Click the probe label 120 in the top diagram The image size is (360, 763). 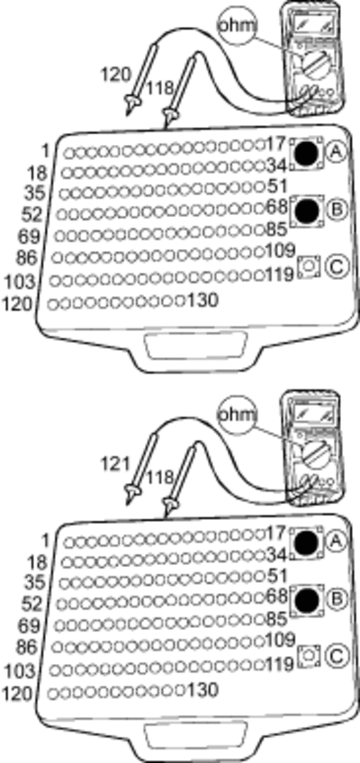click(x=116, y=75)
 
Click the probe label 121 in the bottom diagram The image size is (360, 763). click(x=115, y=464)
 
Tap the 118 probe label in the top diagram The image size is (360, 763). click(x=160, y=88)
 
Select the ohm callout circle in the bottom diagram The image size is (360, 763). click(x=237, y=415)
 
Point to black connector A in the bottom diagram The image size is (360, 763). click(x=308, y=542)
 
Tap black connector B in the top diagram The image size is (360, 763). click(x=308, y=211)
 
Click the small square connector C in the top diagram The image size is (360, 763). click(x=309, y=266)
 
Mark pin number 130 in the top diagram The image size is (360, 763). click(x=202, y=301)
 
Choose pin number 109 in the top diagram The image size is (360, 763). click(x=281, y=251)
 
